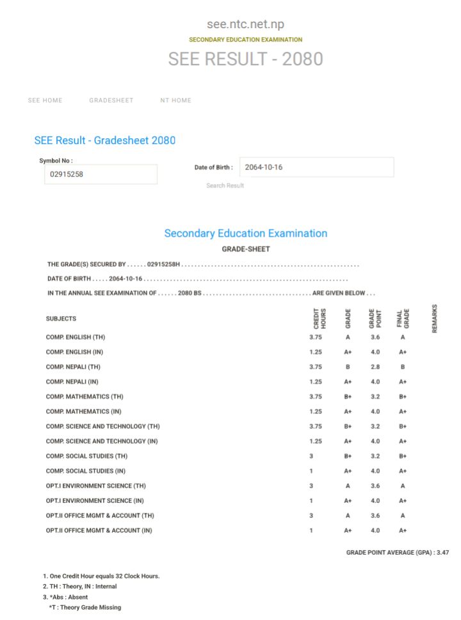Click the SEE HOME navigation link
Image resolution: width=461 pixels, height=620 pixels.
click(45, 100)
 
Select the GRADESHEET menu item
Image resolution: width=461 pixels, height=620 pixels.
click(111, 100)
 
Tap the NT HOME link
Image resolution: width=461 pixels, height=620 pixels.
click(175, 100)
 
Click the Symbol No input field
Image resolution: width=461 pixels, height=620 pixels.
click(101, 174)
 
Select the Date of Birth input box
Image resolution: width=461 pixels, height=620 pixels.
click(316, 167)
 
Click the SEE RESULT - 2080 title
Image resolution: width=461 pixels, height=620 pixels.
click(245, 60)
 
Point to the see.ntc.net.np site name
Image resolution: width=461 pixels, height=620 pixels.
click(245, 24)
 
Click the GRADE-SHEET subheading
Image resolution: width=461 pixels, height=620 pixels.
click(245, 249)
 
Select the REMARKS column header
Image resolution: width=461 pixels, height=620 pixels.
click(435, 319)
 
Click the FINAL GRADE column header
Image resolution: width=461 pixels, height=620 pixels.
click(402, 319)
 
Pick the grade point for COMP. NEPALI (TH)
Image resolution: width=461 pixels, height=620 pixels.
click(375, 367)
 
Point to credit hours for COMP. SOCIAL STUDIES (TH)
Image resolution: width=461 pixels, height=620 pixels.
click(311, 456)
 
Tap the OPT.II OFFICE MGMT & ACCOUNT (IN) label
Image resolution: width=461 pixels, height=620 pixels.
click(99, 530)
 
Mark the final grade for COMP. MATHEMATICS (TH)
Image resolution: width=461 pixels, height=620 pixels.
click(403, 397)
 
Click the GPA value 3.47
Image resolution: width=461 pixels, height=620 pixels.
click(442, 552)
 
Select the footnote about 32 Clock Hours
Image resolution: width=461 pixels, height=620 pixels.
click(101, 576)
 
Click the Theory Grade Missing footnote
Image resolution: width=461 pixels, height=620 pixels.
click(85, 607)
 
